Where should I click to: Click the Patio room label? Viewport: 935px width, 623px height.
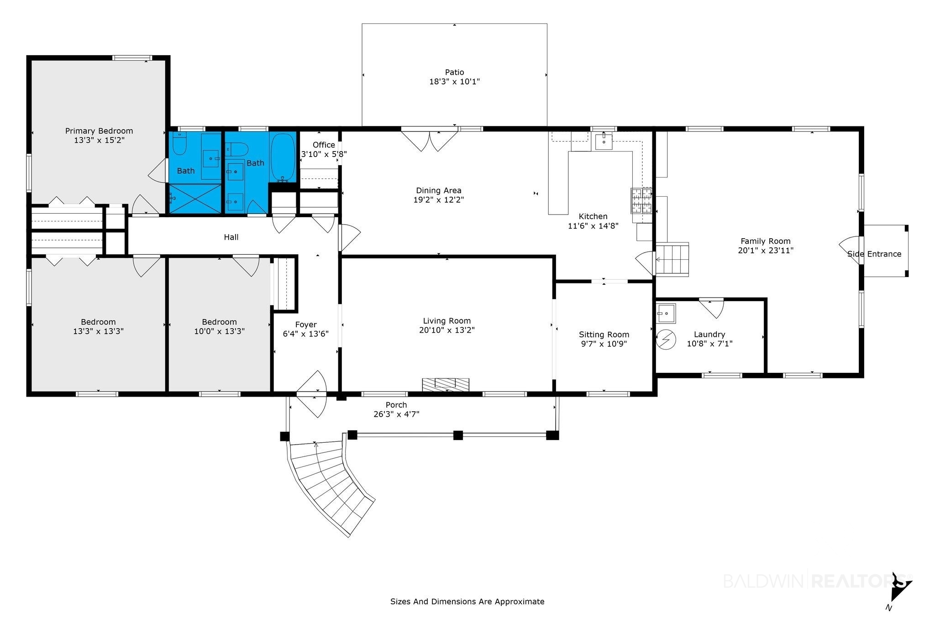tap(454, 72)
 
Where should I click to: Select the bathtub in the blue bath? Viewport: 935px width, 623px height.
tap(283, 157)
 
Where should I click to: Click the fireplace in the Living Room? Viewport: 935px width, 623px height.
tap(446, 384)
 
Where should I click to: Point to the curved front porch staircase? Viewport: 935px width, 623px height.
tap(329, 484)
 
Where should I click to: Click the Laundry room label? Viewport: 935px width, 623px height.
tap(709, 335)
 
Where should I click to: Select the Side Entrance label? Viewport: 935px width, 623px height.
tap(874, 254)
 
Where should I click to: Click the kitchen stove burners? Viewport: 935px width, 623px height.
tap(642, 201)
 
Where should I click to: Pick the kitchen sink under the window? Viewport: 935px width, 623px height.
tap(604, 141)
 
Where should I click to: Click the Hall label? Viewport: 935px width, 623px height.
tap(231, 237)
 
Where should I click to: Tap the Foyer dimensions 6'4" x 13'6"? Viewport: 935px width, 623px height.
tap(306, 334)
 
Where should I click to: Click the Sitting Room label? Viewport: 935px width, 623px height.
tap(604, 335)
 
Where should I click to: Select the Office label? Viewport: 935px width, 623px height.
tap(324, 145)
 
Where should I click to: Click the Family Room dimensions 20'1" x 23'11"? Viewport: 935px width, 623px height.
tap(766, 251)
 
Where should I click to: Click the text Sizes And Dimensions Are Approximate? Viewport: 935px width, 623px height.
tap(467, 602)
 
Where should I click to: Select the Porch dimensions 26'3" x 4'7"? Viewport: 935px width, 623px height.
tap(396, 414)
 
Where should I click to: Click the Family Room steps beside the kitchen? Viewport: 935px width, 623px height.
tap(672, 259)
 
